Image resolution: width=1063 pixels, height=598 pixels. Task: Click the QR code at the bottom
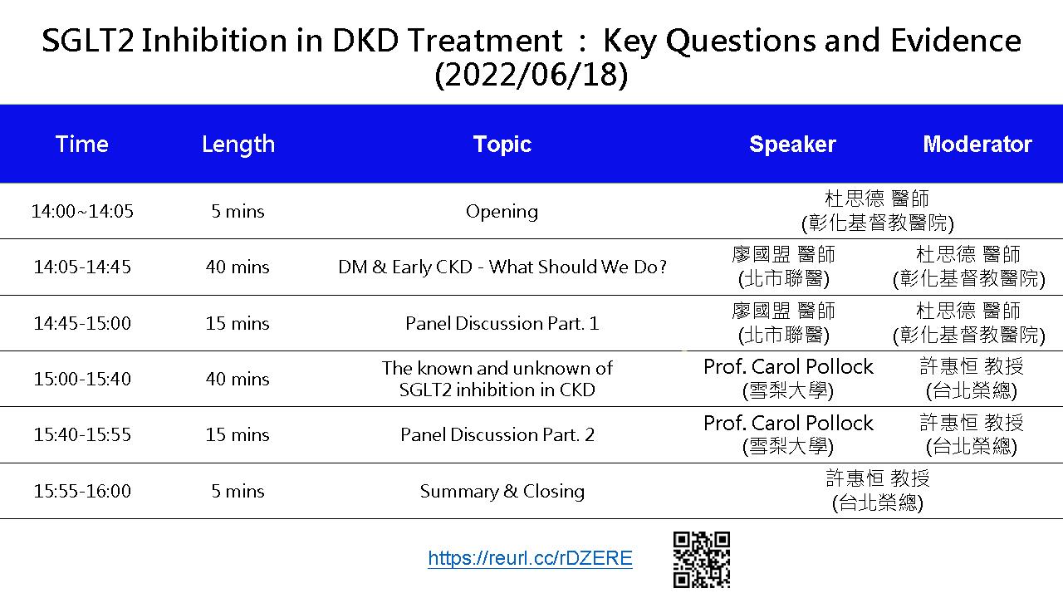(x=702, y=560)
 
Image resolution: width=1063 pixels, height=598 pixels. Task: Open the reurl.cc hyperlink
(x=530, y=557)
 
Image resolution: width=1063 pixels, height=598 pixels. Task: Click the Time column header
(x=82, y=144)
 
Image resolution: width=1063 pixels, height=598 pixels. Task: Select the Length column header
(x=238, y=145)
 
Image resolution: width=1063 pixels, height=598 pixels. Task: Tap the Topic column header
(x=502, y=145)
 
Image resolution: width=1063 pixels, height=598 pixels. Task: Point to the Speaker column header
(x=792, y=145)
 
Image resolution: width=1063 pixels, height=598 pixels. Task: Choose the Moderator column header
(x=977, y=144)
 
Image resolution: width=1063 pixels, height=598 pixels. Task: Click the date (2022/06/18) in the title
(x=531, y=75)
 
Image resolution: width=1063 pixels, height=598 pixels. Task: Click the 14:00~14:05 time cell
(x=82, y=211)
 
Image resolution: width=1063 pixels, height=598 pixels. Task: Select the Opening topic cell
(x=502, y=212)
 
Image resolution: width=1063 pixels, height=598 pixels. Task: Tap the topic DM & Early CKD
(x=502, y=267)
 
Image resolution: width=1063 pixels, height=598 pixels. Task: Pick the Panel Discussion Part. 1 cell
(x=502, y=323)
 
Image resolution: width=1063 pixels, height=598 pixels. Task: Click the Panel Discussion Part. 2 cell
(x=497, y=434)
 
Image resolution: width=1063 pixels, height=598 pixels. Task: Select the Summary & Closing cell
(x=502, y=491)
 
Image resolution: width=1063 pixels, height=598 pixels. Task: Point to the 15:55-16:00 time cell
(x=82, y=491)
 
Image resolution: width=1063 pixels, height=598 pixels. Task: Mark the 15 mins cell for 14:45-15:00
(x=238, y=323)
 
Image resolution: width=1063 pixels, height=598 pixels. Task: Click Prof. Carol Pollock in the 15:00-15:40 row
(x=788, y=366)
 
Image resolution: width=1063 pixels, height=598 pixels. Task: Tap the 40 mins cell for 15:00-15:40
(x=238, y=379)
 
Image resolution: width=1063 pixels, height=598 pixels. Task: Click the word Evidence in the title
(x=956, y=40)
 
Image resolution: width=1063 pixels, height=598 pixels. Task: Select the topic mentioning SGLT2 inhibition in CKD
(x=497, y=379)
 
